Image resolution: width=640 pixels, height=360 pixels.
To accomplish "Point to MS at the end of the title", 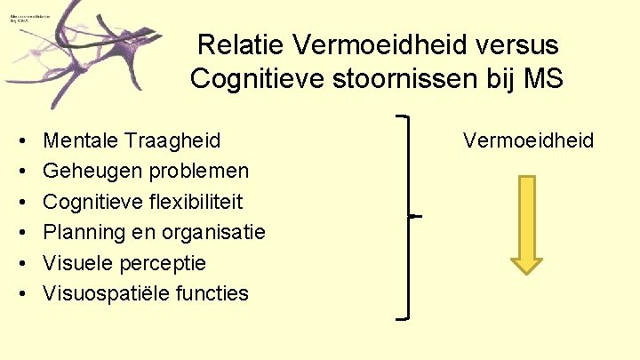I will [544, 78].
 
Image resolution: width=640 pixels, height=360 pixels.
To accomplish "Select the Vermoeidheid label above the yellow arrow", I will [528, 140].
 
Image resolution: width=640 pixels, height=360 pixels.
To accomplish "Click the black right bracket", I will [407, 216].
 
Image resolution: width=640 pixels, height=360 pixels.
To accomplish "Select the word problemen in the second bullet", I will [194, 170].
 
